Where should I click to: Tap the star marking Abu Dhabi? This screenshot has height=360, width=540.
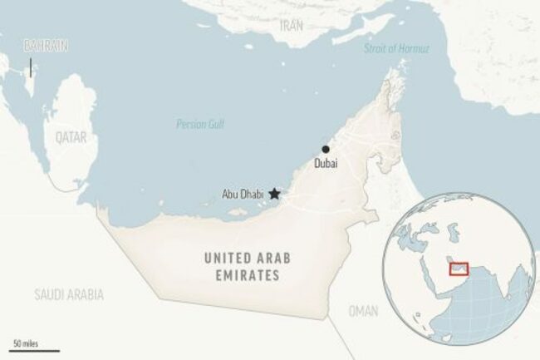274,194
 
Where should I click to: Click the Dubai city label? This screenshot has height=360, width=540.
326,165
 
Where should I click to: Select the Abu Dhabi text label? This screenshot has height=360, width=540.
242,195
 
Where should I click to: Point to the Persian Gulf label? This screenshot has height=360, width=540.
200,125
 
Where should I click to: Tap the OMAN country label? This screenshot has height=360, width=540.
363,311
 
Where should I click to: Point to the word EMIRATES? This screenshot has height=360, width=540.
241,276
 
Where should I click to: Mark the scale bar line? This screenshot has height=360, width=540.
23,349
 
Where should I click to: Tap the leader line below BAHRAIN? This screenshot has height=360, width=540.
31,67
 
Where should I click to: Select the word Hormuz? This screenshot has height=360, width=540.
414,48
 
